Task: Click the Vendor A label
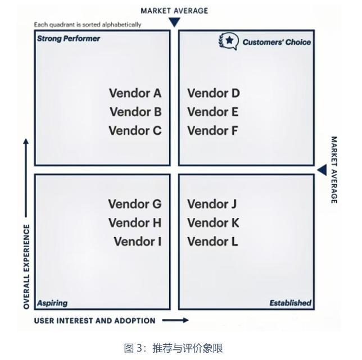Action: (x=135, y=93)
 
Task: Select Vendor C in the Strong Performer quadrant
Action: (x=135, y=131)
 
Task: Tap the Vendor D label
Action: (x=214, y=93)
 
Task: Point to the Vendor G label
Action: (x=135, y=204)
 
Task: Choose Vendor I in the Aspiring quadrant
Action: (x=138, y=241)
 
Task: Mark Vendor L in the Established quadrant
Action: (x=212, y=241)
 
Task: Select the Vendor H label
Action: (x=135, y=223)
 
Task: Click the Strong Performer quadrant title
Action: (x=68, y=39)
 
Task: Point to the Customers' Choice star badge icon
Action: (x=228, y=41)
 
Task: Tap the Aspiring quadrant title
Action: (x=52, y=303)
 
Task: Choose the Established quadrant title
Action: (x=290, y=303)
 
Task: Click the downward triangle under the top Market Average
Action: (x=174, y=22)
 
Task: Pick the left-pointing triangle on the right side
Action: (x=322, y=170)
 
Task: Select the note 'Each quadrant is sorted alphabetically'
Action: (x=87, y=25)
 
